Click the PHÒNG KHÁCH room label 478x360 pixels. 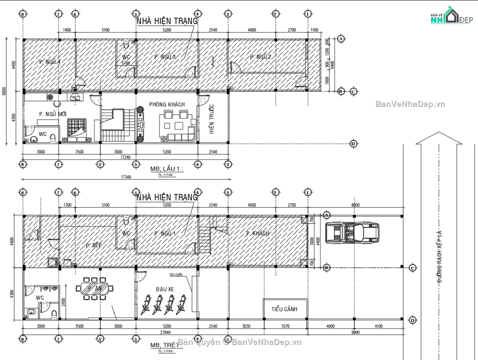167,104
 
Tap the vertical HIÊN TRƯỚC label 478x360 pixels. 212,119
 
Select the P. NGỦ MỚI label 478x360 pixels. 53,114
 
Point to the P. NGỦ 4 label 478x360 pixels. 50,62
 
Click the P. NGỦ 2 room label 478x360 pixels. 261,57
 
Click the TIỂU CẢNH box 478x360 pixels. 284,309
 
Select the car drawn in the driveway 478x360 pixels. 352,232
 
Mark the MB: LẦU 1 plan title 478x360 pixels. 167,169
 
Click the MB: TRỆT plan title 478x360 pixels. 165,345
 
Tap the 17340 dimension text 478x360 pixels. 126,177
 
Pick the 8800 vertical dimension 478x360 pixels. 4,91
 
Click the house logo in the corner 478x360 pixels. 449,17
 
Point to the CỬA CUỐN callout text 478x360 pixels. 175,275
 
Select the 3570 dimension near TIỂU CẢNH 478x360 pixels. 285,326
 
